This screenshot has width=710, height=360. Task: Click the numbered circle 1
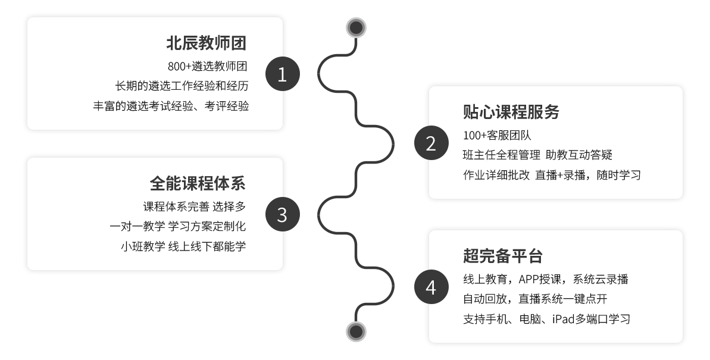(283, 74)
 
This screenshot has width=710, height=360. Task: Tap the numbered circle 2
(431, 143)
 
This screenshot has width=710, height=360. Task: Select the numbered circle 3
(283, 214)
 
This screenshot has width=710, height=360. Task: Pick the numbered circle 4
(431, 287)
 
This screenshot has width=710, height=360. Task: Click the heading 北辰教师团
(207, 43)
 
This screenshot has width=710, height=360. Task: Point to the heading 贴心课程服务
(511, 112)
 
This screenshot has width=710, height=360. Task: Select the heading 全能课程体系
(198, 183)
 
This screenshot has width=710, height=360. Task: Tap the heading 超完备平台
(503, 256)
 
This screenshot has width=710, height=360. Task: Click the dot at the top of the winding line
(356, 27)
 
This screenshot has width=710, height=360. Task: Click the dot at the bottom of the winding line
(356, 331)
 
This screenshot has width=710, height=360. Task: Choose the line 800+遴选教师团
(207, 66)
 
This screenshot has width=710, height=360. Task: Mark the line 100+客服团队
(497, 136)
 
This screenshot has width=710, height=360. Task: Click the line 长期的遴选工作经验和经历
(182, 86)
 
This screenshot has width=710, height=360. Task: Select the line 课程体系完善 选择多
(195, 206)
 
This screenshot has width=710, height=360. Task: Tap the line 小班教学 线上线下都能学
(183, 246)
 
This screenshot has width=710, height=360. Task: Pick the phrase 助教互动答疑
(578, 155)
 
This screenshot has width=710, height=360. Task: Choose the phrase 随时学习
(619, 176)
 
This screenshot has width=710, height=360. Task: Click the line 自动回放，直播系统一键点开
(535, 299)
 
